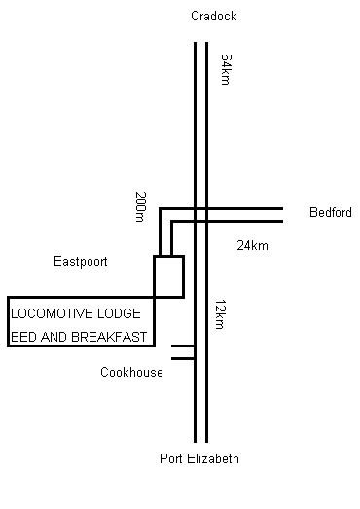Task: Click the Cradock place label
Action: point(214,16)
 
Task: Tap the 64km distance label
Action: point(226,69)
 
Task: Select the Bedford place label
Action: point(331,212)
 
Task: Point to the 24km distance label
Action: point(253,245)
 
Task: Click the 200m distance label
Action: point(141,206)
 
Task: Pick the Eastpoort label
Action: point(81,262)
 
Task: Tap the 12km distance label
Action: point(220,314)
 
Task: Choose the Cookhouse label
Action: point(131,372)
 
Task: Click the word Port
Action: point(171,458)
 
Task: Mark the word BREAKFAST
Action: point(109,337)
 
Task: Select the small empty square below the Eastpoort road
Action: point(168,276)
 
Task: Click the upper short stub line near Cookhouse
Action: point(183,346)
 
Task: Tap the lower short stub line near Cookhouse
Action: point(183,359)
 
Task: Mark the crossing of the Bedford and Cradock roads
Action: point(201,215)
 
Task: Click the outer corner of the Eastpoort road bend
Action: point(160,208)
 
